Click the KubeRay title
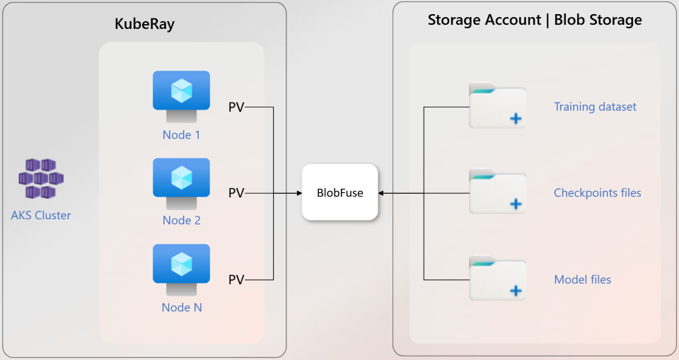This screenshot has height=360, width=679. (x=144, y=25)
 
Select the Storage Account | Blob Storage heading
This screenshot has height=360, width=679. (x=535, y=20)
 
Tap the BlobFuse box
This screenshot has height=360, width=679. (x=339, y=192)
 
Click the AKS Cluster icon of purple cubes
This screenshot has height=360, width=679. (x=41, y=178)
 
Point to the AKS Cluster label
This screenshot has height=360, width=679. (x=41, y=215)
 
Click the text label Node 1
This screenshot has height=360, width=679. (x=182, y=134)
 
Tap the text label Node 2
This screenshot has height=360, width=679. (x=182, y=221)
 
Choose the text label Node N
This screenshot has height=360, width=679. (x=182, y=308)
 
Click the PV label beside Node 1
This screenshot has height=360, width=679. (x=236, y=108)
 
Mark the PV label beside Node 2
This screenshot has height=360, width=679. (x=236, y=193)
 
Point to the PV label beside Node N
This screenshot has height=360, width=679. (x=236, y=280)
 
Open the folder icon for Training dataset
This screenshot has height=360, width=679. (x=497, y=106)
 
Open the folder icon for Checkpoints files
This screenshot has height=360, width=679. (x=497, y=192)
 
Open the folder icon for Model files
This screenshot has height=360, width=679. (x=497, y=279)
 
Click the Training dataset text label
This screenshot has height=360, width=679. (x=595, y=107)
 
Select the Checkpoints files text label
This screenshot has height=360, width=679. (x=597, y=193)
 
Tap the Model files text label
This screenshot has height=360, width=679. (x=582, y=280)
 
